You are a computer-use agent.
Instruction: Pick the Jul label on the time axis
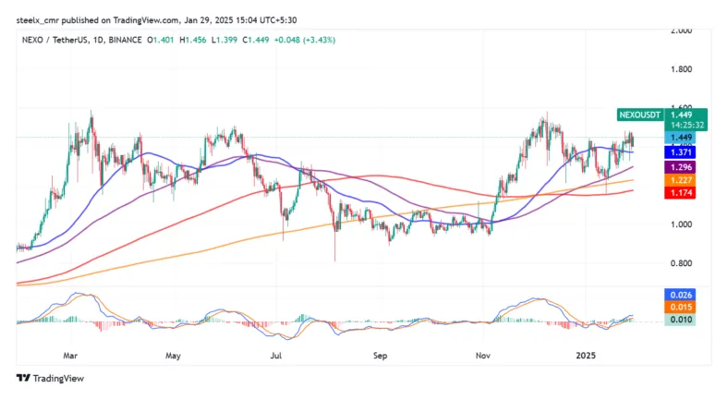coord(276,354)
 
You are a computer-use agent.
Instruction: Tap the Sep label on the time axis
coord(380,354)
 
